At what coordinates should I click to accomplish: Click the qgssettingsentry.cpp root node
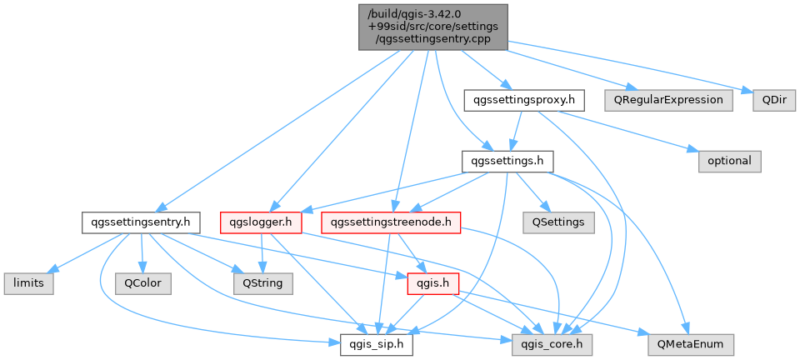point(433,27)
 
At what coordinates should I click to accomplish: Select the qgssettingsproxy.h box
point(524,101)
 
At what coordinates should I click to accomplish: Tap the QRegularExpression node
point(669,101)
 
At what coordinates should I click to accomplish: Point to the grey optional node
point(730,161)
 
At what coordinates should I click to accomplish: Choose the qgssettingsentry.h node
point(141,222)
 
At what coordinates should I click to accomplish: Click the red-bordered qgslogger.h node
point(261,222)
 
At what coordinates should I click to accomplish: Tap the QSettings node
point(558,222)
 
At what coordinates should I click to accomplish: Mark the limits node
point(28,283)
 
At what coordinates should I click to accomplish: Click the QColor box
point(143,283)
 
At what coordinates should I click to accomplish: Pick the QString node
point(263,283)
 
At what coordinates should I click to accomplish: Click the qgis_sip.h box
point(377,345)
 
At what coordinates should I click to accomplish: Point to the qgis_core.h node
point(552,345)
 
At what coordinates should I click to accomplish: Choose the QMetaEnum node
point(692,345)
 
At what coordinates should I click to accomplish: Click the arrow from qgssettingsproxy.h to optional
point(629,131)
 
